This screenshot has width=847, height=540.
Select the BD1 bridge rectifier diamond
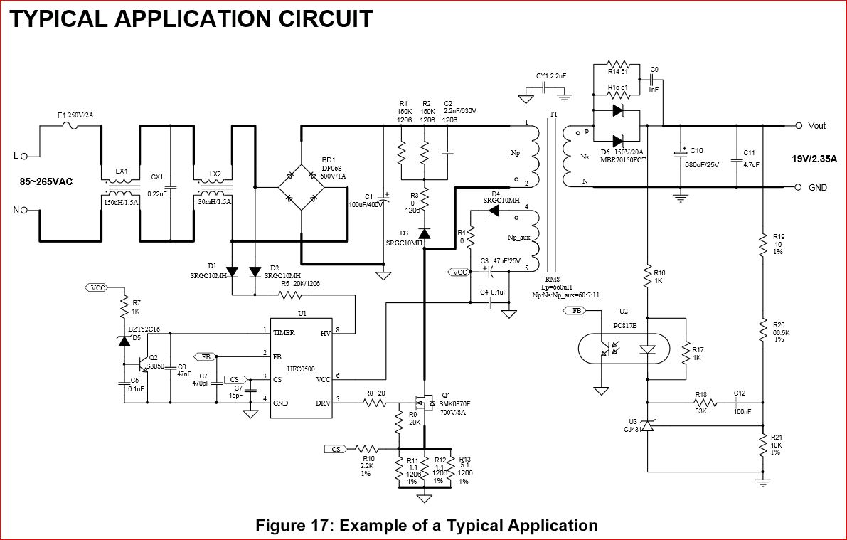(x=300, y=187)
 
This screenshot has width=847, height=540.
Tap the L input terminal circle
(x=23, y=156)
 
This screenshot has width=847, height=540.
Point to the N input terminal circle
(x=23, y=211)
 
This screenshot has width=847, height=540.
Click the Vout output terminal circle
(x=799, y=126)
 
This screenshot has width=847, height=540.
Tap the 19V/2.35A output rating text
(x=814, y=159)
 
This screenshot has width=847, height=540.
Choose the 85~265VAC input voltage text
(x=46, y=182)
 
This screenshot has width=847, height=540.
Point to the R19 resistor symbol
(x=762, y=244)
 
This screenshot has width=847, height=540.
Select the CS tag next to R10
(x=336, y=449)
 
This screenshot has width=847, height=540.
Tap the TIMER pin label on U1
(x=284, y=332)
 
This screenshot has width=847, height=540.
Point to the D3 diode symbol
(x=424, y=233)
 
